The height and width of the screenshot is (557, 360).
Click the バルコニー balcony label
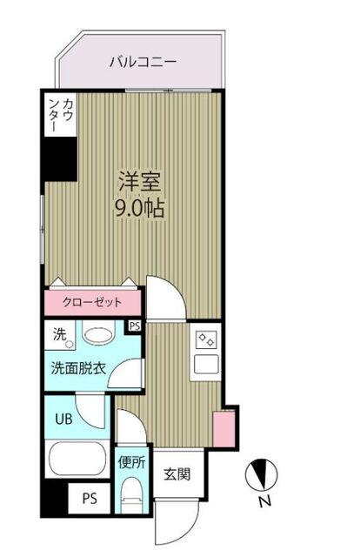tap(143, 62)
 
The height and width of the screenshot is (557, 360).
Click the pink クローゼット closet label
tap(91, 303)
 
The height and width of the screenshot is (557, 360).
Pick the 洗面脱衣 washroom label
tap(77, 368)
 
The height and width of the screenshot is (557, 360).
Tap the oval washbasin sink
tap(97, 336)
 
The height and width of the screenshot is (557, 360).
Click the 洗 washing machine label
tap(58, 332)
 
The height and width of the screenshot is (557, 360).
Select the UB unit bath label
tap(65, 418)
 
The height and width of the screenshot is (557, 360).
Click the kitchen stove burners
tap(207, 340)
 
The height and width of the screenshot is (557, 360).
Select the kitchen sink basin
tap(207, 364)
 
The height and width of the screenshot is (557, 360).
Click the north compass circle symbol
tap(263, 475)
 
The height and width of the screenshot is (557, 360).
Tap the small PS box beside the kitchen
tap(135, 326)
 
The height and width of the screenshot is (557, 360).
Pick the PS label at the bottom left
tap(89, 500)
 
